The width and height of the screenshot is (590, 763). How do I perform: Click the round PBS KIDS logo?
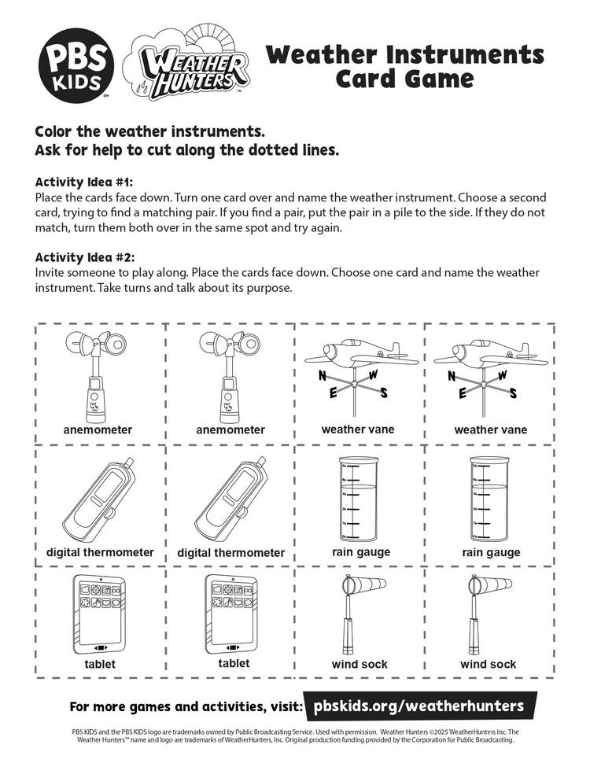tap(77, 63)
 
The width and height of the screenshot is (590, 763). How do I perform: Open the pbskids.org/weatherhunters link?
tap(419, 706)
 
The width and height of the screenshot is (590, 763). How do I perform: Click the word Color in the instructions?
tap(57, 130)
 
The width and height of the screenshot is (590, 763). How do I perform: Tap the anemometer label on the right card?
tap(230, 430)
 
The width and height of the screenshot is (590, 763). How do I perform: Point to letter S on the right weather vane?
tap(514, 394)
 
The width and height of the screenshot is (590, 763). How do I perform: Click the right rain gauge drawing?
tap(488, 497)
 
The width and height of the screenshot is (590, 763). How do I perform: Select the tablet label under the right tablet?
tap(234, 663)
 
